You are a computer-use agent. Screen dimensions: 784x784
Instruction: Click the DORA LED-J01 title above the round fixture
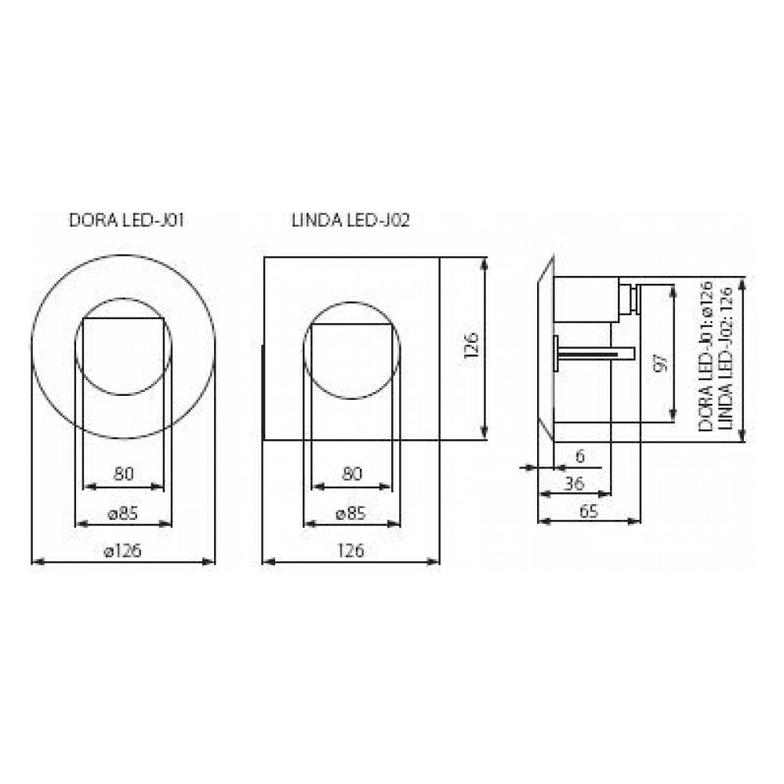point(126,220)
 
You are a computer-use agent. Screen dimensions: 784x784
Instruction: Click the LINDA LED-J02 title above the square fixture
point(351,220)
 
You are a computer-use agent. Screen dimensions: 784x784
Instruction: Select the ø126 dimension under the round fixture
point(122,550)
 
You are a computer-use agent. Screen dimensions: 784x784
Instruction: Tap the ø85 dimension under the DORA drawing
point(123,513)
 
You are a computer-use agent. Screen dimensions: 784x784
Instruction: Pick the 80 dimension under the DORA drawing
point(124,473)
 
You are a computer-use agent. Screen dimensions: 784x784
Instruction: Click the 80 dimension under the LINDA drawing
point(351,473)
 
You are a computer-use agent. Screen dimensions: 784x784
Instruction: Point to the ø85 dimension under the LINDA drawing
point(351,513)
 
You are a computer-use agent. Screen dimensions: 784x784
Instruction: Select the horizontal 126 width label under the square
point(350,550)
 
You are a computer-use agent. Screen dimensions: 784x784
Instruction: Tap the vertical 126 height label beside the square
point(471,345)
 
